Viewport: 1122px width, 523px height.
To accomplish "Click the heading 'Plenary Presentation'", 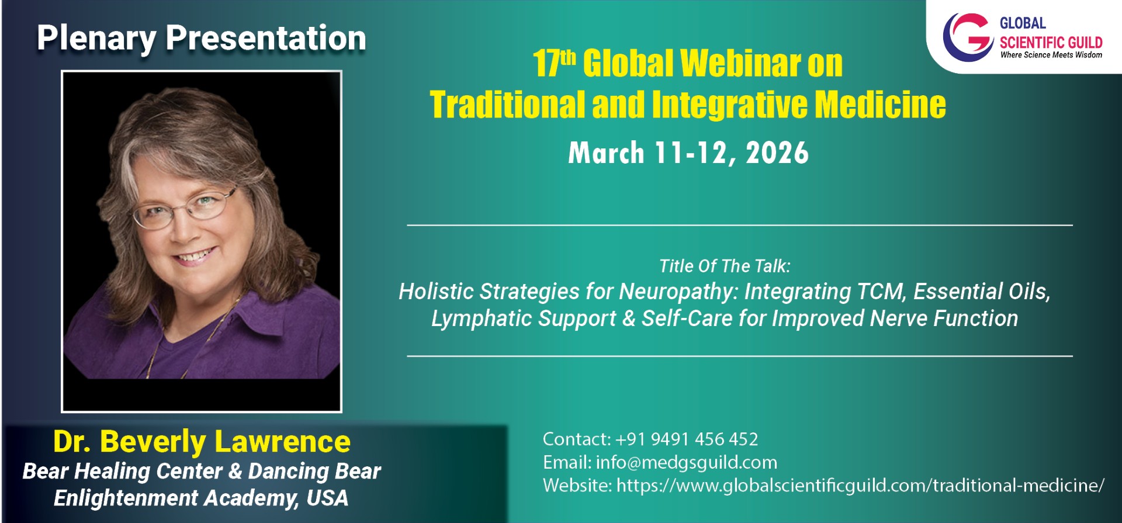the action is coord(202,39).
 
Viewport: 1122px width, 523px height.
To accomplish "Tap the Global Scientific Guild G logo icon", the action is coord(967,37).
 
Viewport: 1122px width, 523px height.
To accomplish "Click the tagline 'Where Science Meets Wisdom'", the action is coord(1051,55).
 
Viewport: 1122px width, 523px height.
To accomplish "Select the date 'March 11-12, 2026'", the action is coord(688,153).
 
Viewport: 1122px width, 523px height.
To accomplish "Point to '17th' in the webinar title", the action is coord(554,63).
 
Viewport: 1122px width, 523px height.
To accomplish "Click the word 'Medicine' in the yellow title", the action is coord(880,105).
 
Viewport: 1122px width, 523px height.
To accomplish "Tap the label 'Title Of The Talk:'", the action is coord(725,266).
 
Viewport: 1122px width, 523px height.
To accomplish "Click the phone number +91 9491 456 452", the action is coord(687,439).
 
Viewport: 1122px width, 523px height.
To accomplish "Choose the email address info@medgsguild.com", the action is coord(687,462).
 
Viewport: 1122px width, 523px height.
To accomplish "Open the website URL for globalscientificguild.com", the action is coord(860,485).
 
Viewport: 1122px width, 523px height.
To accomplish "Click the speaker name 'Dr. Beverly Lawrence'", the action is coord(202,442).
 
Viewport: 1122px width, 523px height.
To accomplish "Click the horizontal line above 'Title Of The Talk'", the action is coord(740,225).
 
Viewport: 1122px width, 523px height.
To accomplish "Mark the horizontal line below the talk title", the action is coord(740,356).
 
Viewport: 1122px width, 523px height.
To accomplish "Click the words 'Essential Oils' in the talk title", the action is coord(982,292).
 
